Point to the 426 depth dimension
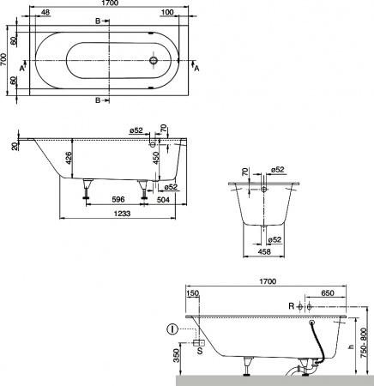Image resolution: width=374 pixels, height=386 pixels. [x=69, y=160]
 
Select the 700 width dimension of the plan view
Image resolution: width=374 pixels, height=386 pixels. [x=5, y=59]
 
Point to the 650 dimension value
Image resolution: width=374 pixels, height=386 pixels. [x=327, y=293]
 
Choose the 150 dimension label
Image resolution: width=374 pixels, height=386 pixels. [x=191, y=293]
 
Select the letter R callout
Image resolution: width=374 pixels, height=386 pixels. [x=291, y=305]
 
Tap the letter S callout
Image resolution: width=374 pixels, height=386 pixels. [x=200, y=350]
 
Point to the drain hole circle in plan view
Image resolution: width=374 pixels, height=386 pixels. [x=154, y=60]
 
